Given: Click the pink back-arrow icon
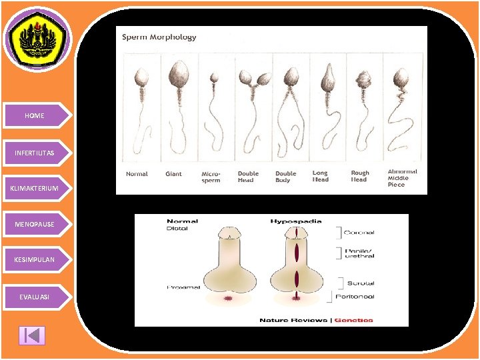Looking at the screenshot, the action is pos(32,335).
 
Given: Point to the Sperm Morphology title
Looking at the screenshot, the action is pos(159,37).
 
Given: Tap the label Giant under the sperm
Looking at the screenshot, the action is pos(173,174).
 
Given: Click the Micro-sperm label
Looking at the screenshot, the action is pos(211,177).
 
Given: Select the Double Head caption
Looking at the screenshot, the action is pos(248,177).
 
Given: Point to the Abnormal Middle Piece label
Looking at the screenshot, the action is pos(403,178).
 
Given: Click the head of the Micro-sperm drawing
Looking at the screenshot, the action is pos(215,78).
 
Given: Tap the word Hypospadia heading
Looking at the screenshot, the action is pos(296,221).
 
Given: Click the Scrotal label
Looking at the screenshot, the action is pos(361,283).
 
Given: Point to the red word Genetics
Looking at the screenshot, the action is pos(353,320).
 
